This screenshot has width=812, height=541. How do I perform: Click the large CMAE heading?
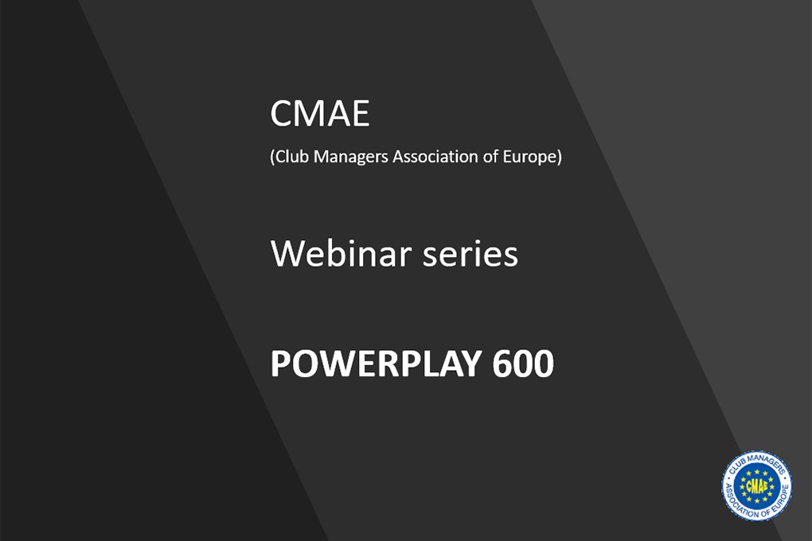coord(319,114)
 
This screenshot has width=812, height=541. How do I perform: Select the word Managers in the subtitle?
coord(351,157)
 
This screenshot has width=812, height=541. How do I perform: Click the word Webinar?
coord(341,253)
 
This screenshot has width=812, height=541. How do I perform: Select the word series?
coord(470,255)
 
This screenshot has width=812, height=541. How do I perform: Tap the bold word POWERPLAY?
coord(376,363)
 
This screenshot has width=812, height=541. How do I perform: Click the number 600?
coord(523,363)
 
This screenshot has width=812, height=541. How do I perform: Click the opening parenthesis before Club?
coord(272,157)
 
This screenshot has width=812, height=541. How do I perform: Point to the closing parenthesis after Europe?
coord(559,157)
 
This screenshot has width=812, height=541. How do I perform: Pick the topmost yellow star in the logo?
coord(756,472)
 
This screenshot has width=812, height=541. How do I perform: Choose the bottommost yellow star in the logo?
coord(756,501)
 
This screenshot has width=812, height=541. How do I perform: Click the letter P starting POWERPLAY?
coord(280,364)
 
